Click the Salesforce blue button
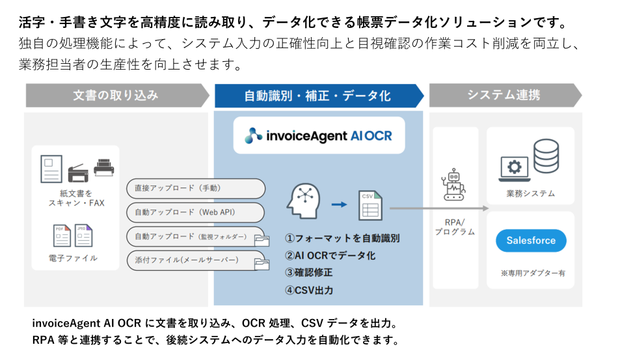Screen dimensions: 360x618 pyautogui.click(x=531, y=240)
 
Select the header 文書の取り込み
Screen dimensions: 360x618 pyautogui.click(x=115, y=96)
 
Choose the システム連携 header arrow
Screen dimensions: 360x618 pyautogui.click(x=504, y=95)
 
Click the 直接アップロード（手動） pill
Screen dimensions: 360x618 pyautogui.click(x=195, y=188)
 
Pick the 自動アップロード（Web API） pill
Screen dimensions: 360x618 pyautogui.click(x=195, y=212)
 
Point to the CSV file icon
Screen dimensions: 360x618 pyautogui.click(x=369, y=206)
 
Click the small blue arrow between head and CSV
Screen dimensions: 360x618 pyautogui.click(x=339, y=205)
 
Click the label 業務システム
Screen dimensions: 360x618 pyautogui.click(x=531, y=193)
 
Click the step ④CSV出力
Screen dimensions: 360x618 pyautogui.click(x=314, y=290)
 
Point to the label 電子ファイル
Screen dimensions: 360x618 pyautogui.click(x=74, y=258)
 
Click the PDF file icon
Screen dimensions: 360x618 pyautogui.click(x=62, y=236)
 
